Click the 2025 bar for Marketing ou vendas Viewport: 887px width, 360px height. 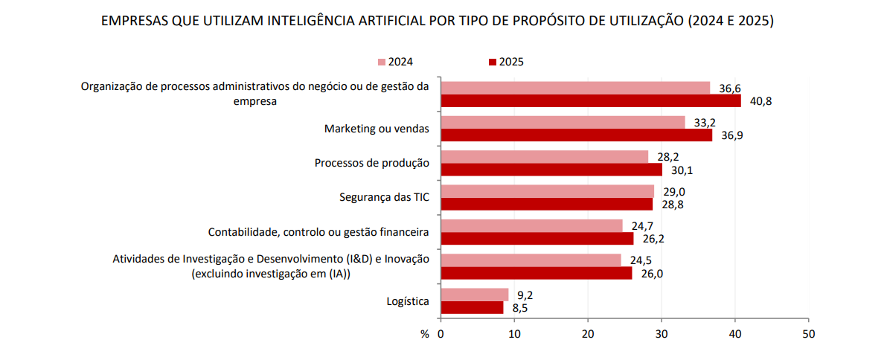coord(576,135)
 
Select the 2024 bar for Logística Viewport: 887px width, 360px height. coord(475,295)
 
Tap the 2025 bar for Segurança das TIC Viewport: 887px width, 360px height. coord(546,204)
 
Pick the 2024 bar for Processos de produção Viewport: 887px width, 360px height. coord(544,156)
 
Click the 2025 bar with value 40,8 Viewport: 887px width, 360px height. coord(590,100)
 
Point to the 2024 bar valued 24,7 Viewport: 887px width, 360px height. coord(531,225)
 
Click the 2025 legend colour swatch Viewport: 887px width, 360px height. coord(492,62)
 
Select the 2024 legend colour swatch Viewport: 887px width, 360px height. coord(382,62)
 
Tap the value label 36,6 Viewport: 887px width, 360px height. coord(730,89)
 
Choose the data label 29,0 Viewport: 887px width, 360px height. coord(674,191)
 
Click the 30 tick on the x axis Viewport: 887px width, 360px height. coord(662,335)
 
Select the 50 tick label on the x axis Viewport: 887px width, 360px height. coord(808,335)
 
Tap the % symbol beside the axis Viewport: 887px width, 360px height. coord(424,335)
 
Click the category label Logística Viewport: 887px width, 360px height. coord(408,301)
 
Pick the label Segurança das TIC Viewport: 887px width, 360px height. coord(384,197)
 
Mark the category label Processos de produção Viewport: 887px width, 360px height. coord(372,163)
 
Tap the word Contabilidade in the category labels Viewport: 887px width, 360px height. coord(241,232)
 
